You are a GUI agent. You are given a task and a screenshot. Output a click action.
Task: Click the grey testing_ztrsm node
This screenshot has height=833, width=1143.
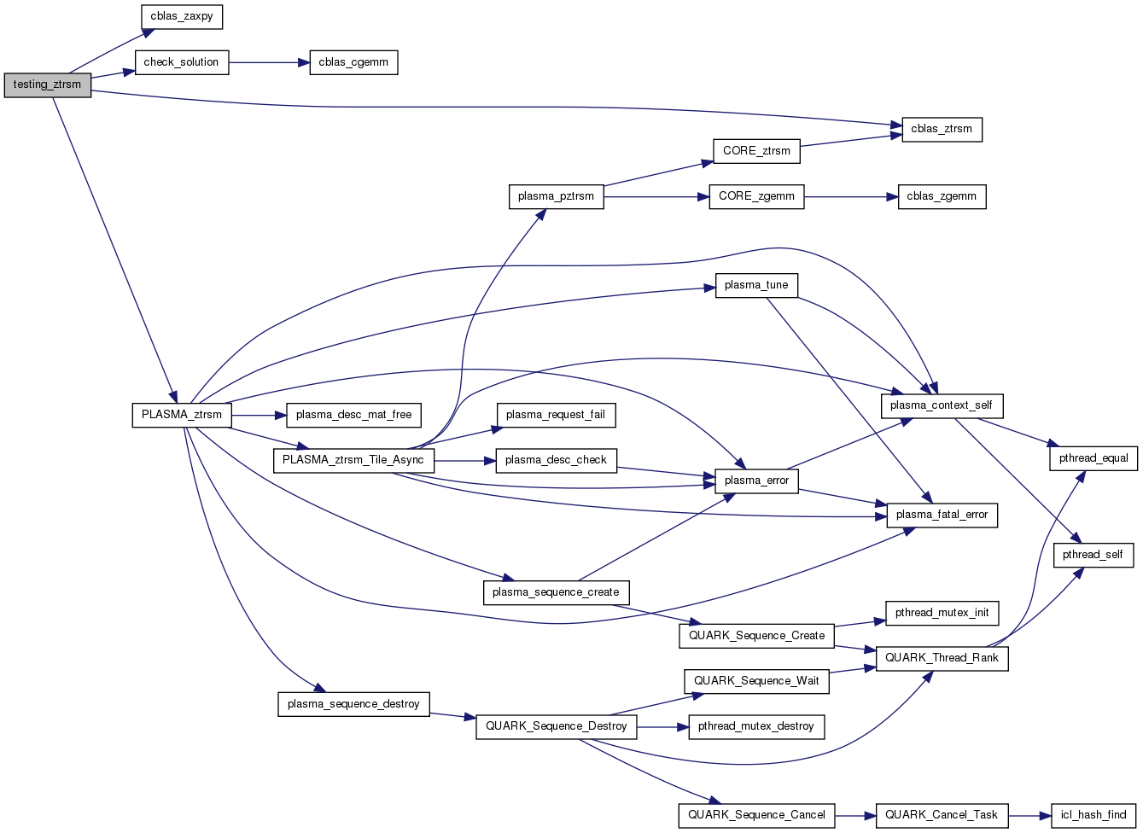tap(47, 84)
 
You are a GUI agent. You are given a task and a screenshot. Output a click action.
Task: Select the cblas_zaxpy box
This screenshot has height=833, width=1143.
tap(181, 16)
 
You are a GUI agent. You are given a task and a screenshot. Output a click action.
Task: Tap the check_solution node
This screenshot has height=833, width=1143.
tap(181, 62)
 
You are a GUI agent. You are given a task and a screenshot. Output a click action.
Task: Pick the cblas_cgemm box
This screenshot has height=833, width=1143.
tap(353, 62)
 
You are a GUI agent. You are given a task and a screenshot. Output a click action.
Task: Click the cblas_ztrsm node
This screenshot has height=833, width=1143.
tap(942, 129)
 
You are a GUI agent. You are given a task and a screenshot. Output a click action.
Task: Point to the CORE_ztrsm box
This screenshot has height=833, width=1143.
tap(756, 151)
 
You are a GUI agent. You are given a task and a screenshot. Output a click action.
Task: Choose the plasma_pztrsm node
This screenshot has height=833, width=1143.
tap(556, 196)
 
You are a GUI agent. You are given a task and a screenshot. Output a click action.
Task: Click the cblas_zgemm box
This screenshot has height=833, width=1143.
tap(942, 196)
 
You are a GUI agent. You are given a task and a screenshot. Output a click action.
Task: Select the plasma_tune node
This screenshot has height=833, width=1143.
tap(756, 285)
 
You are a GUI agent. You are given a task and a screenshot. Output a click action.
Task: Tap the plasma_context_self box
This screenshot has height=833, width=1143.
tap(941, 405)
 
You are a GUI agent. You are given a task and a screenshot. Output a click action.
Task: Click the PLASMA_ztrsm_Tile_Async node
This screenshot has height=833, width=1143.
tap(353, 460)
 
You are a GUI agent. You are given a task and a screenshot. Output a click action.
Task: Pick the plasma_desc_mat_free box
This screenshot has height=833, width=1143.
tap(353, 415)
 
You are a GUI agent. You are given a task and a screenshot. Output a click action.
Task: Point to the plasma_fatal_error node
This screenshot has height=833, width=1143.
tap(942, 515)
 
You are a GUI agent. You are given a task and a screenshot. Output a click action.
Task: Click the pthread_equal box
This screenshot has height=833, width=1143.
tap(1093, 458)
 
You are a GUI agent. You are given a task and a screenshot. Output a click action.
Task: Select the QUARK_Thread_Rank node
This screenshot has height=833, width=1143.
tap(942, 658)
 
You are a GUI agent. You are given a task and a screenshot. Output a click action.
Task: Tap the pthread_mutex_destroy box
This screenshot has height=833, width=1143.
tap(756, 726)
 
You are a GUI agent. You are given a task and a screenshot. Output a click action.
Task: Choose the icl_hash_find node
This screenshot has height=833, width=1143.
tap(1093, 815)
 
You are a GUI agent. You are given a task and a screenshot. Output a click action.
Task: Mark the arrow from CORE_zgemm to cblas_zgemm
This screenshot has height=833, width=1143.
tap(850, 196)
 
